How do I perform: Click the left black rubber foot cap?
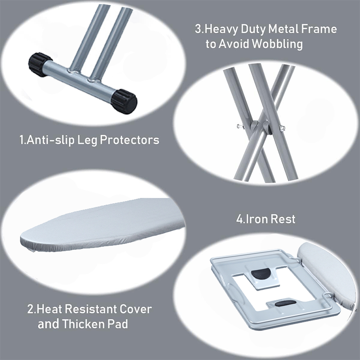click(37, 64)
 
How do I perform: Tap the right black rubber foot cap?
click(124, 102)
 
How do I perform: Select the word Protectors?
click(130, 140)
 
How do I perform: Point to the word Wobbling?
click(277, 44)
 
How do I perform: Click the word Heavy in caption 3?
click(221, 29)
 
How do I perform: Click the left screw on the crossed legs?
click(240, 126)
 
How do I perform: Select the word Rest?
click(283, 219)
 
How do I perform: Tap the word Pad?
click(117, 324)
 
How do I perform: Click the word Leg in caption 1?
click(87, 140)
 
